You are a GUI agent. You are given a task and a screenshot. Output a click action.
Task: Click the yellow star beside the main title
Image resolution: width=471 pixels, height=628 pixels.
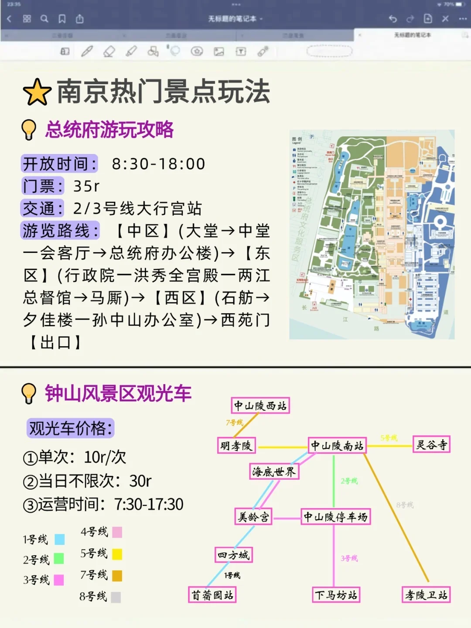(x=37, y=92)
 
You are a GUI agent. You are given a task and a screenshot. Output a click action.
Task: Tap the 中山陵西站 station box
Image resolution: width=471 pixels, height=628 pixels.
(x=260, y=406)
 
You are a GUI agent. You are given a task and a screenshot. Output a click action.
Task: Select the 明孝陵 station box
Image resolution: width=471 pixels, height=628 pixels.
(x=236, y=446)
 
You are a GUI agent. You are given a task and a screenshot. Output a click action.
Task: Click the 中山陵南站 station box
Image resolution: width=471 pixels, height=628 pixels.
(x=337, y=446)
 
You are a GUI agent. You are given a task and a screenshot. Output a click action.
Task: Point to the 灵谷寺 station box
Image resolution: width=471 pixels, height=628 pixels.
(x=431, y=445)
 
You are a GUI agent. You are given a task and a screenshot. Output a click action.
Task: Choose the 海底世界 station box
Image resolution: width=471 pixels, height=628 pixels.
(x=274, y=471)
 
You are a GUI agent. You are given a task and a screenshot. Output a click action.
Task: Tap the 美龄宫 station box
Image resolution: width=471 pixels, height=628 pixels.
(x=253, y=517)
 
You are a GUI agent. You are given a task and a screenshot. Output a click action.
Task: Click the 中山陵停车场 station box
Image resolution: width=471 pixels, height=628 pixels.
(x=335, y=517)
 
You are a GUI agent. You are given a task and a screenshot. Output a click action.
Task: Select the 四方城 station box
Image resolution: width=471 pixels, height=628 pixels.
(x=234, y=555)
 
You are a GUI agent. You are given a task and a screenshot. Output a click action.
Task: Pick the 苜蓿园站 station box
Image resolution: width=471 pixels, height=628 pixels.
(x=212, y=595)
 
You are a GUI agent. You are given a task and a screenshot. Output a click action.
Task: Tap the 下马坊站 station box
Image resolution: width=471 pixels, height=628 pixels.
(x=336, y=595)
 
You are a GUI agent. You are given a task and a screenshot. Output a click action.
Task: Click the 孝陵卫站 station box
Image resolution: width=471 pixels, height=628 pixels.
(x=426, y=595)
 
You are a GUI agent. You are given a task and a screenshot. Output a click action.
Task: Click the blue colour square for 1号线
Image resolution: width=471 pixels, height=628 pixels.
(x=60, y=539)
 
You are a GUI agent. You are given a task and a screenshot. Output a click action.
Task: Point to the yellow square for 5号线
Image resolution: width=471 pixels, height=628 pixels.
(x=117, y=554)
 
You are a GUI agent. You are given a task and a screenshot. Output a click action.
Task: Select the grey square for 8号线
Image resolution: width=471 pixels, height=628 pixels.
(x=116, y=597)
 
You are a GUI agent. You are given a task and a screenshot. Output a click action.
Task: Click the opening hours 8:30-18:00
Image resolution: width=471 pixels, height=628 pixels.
(x=158, y=164)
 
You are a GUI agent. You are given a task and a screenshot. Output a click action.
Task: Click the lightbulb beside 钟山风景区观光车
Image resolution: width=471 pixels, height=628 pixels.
(x=29, y=393)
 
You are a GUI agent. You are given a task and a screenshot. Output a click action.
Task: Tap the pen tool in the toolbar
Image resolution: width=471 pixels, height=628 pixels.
(x=87, y=51)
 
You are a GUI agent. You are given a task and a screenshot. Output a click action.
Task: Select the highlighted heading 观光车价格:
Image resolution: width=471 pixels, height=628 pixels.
(x=70, y=428)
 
